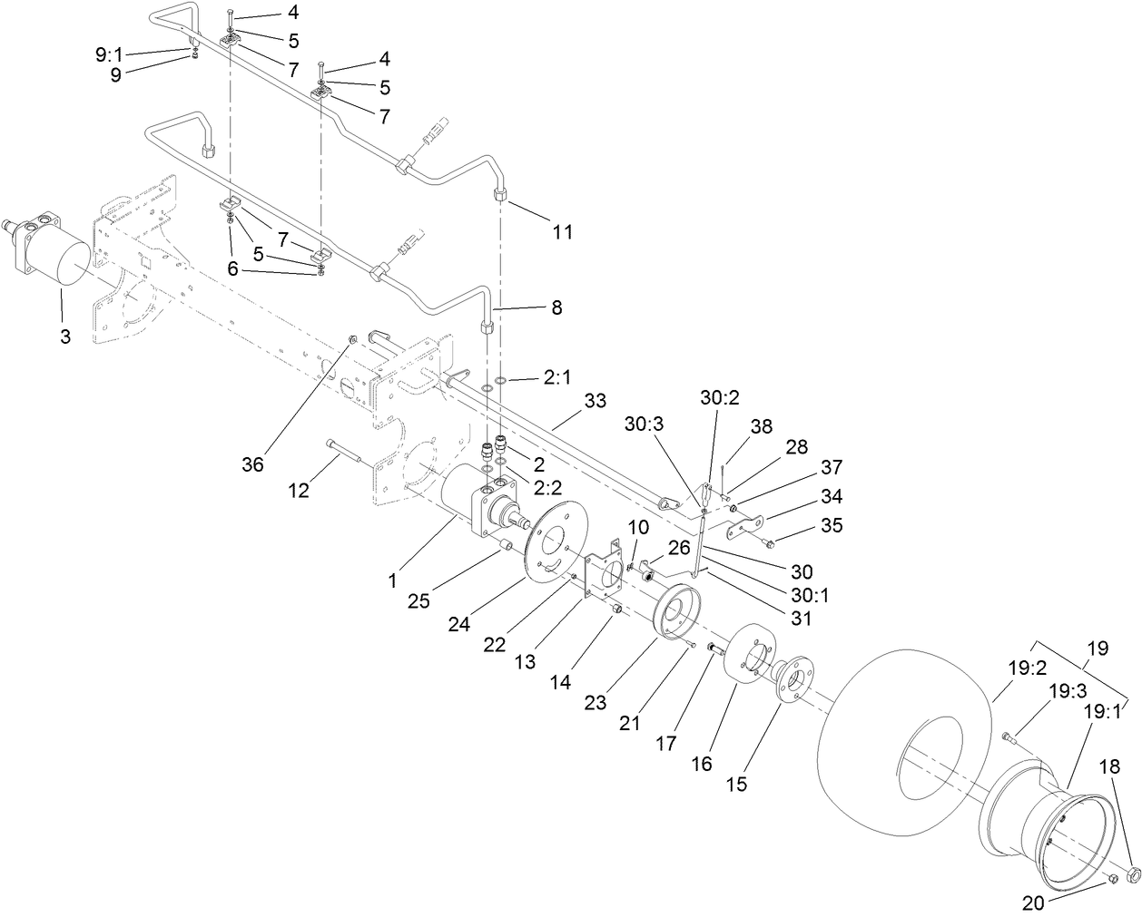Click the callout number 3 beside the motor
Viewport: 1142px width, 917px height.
pyautogui.click(x=64, y=337)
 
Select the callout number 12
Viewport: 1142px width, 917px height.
pyautogui.click(x=299, y=490)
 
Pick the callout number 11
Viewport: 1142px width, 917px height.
pyautogui.click(x=563, y=231)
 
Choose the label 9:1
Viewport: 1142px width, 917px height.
pyautogui.click(x=113, y=55)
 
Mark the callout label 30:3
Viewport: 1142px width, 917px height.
pyautogui.click(x=645, y=424)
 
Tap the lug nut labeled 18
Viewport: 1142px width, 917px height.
pyautogui.click(x=1133, y=874)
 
